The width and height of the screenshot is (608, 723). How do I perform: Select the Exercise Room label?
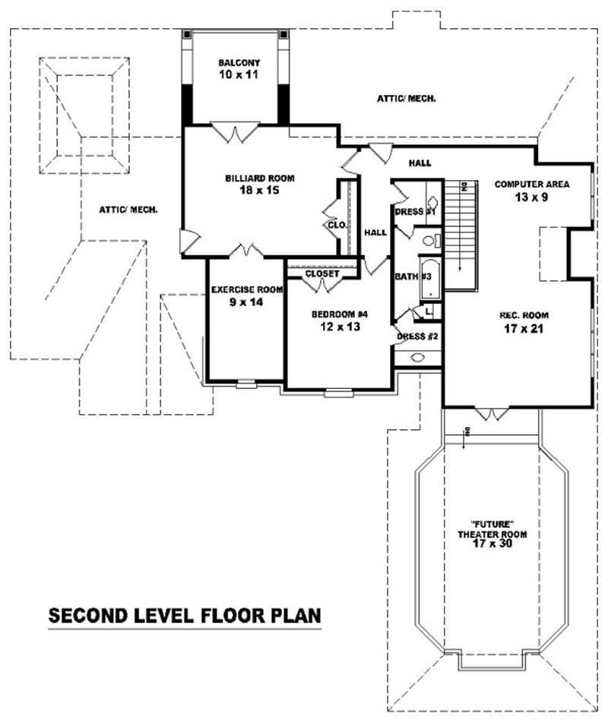tap(247, 289)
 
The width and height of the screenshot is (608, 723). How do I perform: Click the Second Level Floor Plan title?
tap(185, 615)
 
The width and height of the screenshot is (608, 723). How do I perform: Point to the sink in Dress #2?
tap(419, 357)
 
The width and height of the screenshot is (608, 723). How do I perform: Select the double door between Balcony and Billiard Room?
tap(235, 132)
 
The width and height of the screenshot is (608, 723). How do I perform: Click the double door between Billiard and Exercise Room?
tap(249, 250)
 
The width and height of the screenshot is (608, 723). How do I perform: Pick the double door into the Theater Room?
tap(491, 414)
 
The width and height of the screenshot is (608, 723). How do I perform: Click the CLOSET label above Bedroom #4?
tap(322, 273)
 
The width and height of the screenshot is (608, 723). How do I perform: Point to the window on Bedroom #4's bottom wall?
tap(338, 393)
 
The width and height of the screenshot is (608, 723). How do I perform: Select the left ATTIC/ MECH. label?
tap(128, 210)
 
